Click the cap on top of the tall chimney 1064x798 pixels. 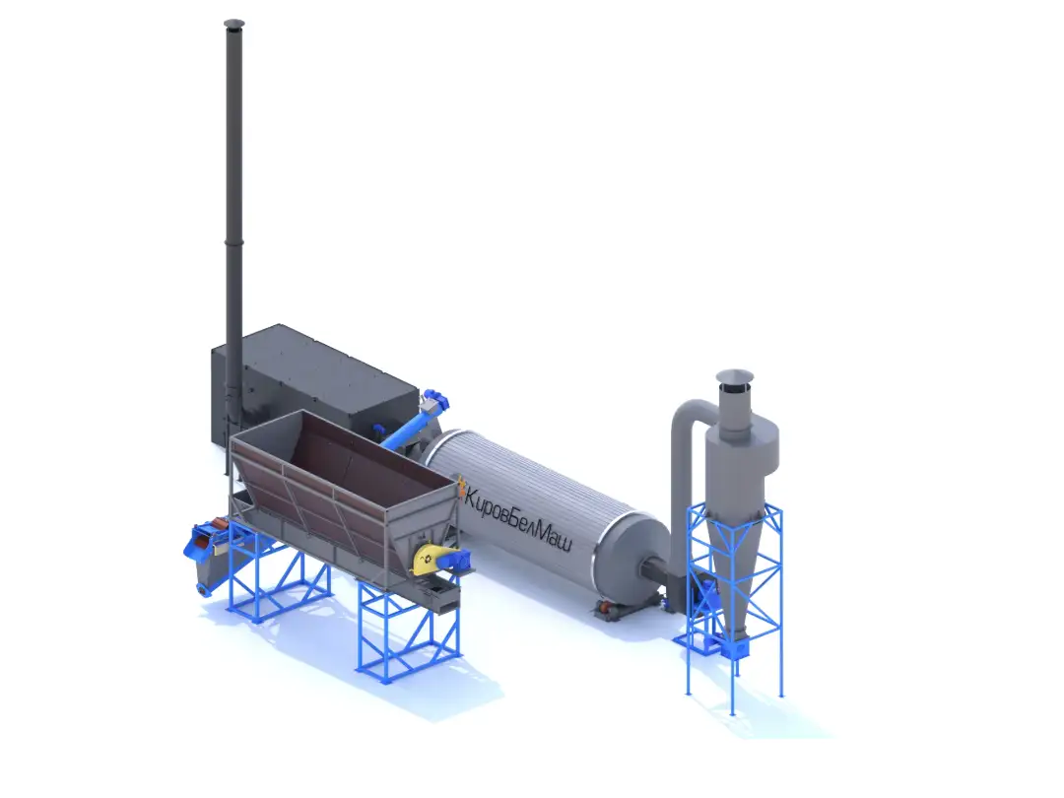pyautogui.click(x=233, y=25)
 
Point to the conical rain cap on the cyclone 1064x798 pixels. pyautogui.click(x=734, y=376)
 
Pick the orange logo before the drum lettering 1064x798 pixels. pyautogui.click(x=461, y=487)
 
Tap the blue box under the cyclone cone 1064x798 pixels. pyautogui.click(x=734, y=647)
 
